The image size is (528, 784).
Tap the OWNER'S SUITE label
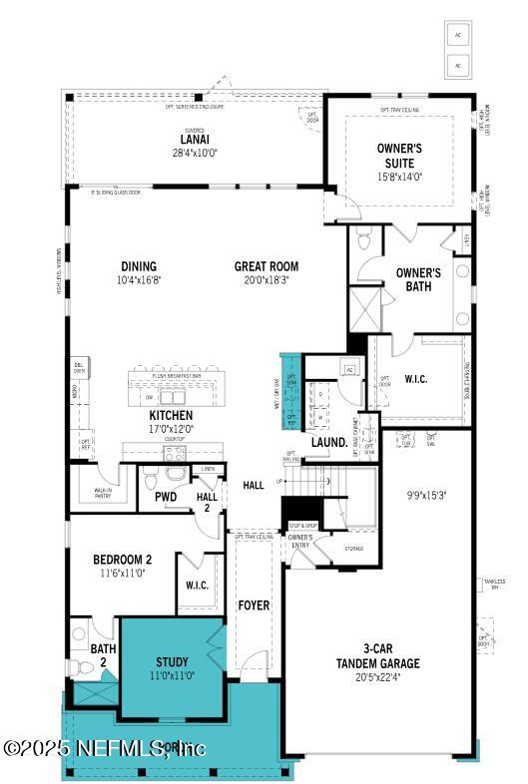399,155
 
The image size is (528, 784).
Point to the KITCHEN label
171,415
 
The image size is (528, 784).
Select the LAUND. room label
328,442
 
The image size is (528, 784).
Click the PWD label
165,496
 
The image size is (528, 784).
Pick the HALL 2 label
207,502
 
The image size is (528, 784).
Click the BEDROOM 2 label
122,560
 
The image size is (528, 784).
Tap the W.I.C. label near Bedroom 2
197,585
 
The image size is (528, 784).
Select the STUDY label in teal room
172,662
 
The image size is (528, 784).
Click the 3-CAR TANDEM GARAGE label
377,656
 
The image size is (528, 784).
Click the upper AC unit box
459,33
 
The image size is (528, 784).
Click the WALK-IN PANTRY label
102,493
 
